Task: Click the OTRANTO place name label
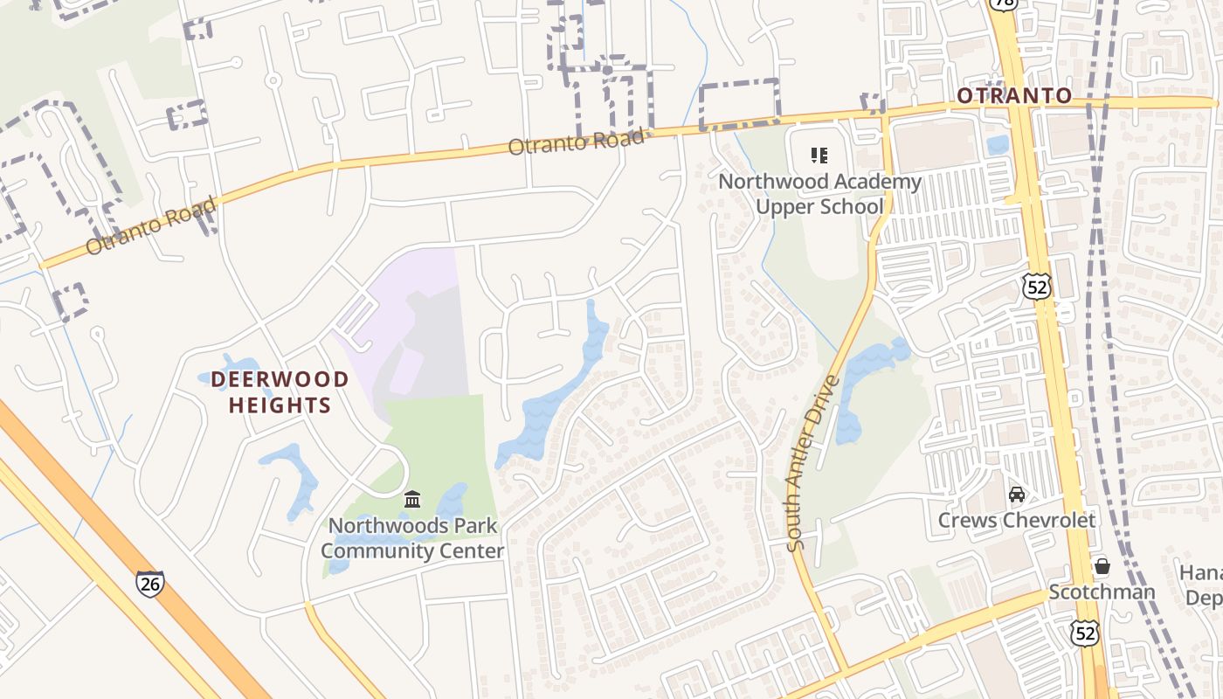tap(1014, 95)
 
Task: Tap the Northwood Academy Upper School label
tap(819, 194)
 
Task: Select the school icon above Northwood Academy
tap(819, 156)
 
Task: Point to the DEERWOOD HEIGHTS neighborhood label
tap(280, 392)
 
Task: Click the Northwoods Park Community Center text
tap(412, 538)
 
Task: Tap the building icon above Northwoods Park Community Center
tap(412, 500)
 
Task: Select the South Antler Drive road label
tap(812, 463)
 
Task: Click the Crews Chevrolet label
tap(1016, 520)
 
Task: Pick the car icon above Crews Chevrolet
tap(1017, 495)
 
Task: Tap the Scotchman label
tap(1102, 592)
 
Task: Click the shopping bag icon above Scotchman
tap(1102, 566)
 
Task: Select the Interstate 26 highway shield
tap(149, 583)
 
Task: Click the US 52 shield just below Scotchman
tap(1085, 633)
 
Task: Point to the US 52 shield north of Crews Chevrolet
tap(1038, 286)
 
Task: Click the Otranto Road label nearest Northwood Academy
tap(577, 142)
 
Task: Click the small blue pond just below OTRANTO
tap(998, 144)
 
